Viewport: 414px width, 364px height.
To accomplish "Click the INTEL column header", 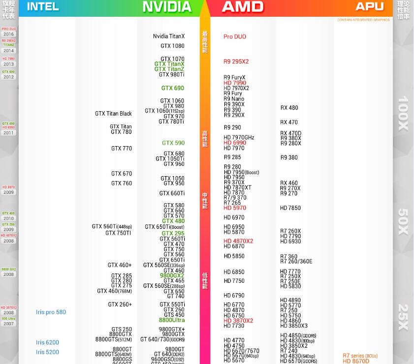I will pos(43,6).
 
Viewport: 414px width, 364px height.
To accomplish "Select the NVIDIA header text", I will pos(167,7).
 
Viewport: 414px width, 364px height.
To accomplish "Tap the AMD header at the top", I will pos(243,7).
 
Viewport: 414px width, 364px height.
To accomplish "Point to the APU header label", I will pos(369,6).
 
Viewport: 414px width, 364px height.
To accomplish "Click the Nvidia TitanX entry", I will pos(169,36).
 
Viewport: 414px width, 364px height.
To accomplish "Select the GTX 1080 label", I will pos(172,46).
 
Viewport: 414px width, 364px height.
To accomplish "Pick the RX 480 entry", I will pos(289,108).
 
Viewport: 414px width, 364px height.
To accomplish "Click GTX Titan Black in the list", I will pos(113,114).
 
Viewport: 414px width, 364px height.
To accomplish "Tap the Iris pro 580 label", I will pos(51,312).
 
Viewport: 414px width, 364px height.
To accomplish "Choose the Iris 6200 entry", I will pos(47,342).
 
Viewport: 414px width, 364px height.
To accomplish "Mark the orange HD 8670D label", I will pos(356,361).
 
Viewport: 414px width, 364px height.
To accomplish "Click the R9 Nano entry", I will pos(234,99).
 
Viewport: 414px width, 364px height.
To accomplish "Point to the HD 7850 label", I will pos(290,208).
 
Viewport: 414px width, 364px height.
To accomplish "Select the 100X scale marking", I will pos(403,113).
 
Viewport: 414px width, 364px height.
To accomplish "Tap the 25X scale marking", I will pos(403,317).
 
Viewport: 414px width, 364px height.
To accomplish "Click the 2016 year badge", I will pos(9,34).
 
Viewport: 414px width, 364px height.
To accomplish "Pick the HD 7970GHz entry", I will pos(239,138).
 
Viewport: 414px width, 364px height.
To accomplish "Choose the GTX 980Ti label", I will pos(171,75).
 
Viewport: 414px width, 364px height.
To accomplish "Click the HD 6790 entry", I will pos(234,296).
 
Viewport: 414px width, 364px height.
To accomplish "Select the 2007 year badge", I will pos(9,324).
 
